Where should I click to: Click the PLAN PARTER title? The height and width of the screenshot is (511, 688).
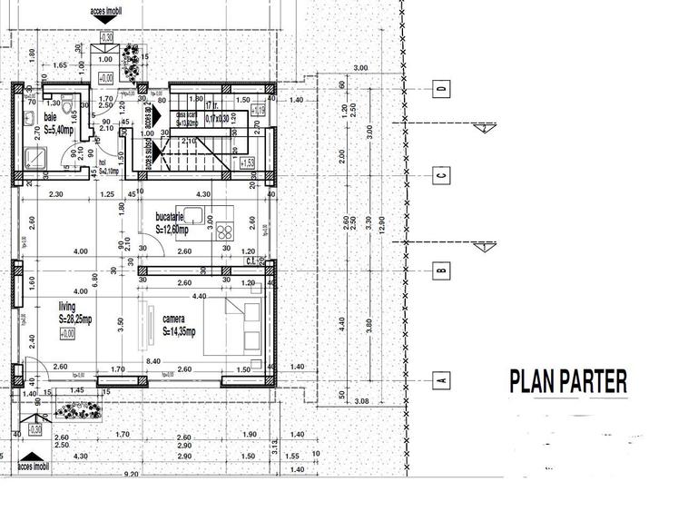[x=568, y=381]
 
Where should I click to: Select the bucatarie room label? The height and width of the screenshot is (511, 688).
[x=171, y=218]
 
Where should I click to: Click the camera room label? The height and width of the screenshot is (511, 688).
[x=174, y=319]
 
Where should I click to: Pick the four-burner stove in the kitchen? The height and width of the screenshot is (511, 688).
[x=223, y=230]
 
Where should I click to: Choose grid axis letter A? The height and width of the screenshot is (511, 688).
[x=441, y=379]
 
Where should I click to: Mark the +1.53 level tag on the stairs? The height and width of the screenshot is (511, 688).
[x=248, y=163]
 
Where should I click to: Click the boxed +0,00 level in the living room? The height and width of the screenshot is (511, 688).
[x=66, y=334]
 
